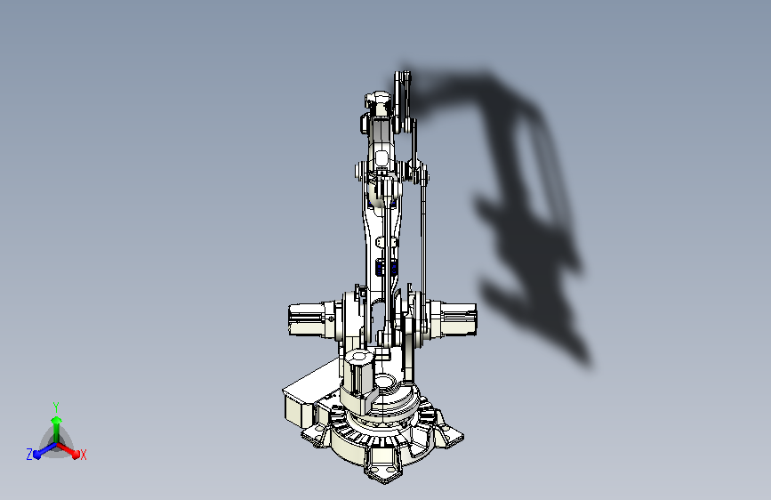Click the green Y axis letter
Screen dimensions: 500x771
(x=55, y=405)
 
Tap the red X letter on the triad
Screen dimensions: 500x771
(x=84, y=455)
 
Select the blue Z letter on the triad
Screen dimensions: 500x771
(x=29, y=455)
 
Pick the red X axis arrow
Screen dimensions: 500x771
(x=71, y=449)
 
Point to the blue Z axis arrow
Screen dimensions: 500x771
(x=41, y=450)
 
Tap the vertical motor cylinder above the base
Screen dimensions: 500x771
(x=358, y=374)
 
